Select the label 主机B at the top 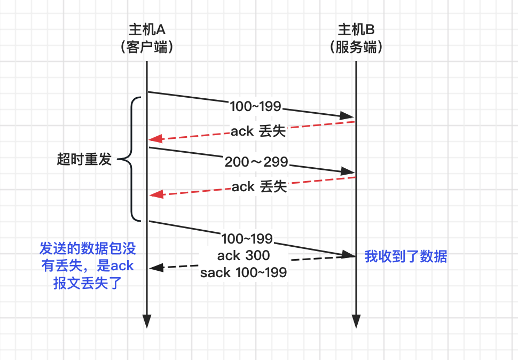point(356,29)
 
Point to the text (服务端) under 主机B point(356,47)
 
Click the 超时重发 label point(84,159)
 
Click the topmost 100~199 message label point(255,106)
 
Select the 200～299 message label point(256,162)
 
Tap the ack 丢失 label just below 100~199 point(258,131)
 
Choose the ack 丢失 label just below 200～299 point(259,186)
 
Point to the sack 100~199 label point(244,272)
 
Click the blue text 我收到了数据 point(405,256)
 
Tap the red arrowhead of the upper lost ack point(155,139)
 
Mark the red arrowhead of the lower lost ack point(155,195)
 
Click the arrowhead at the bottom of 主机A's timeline point(147,321)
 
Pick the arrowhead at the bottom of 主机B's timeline point(356,321)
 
